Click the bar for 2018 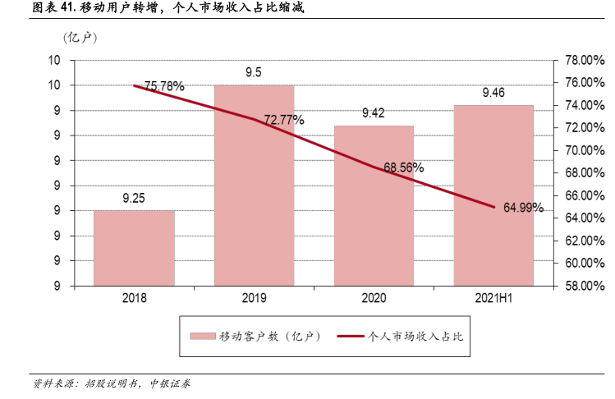click(134, 248)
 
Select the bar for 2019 click(254, 185)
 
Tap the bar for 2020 click(374, 205)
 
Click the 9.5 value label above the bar click(254, 72)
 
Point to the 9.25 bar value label click(134, 198)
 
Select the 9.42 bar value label click(374, 113)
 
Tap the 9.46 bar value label click(493, 93)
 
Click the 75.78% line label click(164, 85)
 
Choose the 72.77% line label click(284, 120)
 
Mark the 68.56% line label click(404, 167)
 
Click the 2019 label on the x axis click(254, 300)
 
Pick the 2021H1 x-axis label click(493, 300)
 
